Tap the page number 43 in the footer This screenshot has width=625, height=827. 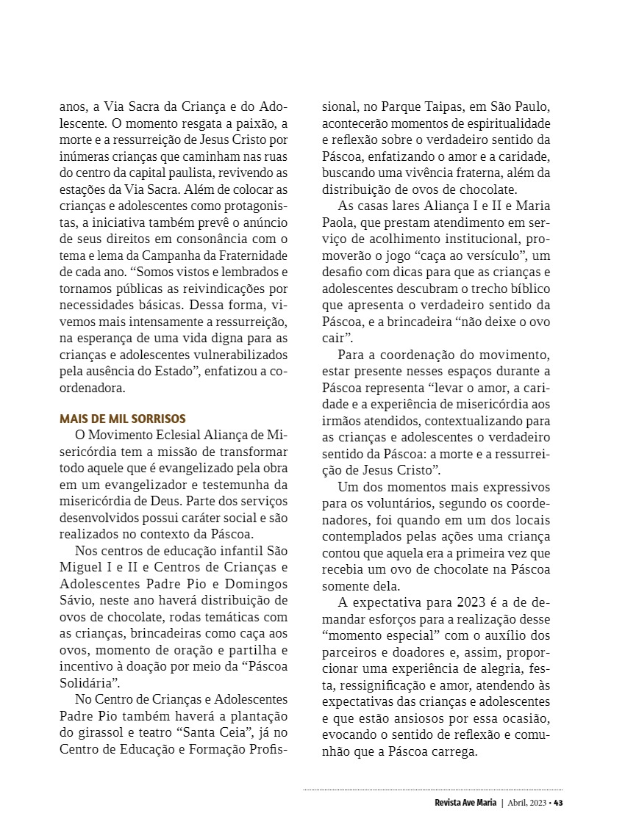coord(559,802)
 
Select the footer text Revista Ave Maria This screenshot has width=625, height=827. coord(466,802)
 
